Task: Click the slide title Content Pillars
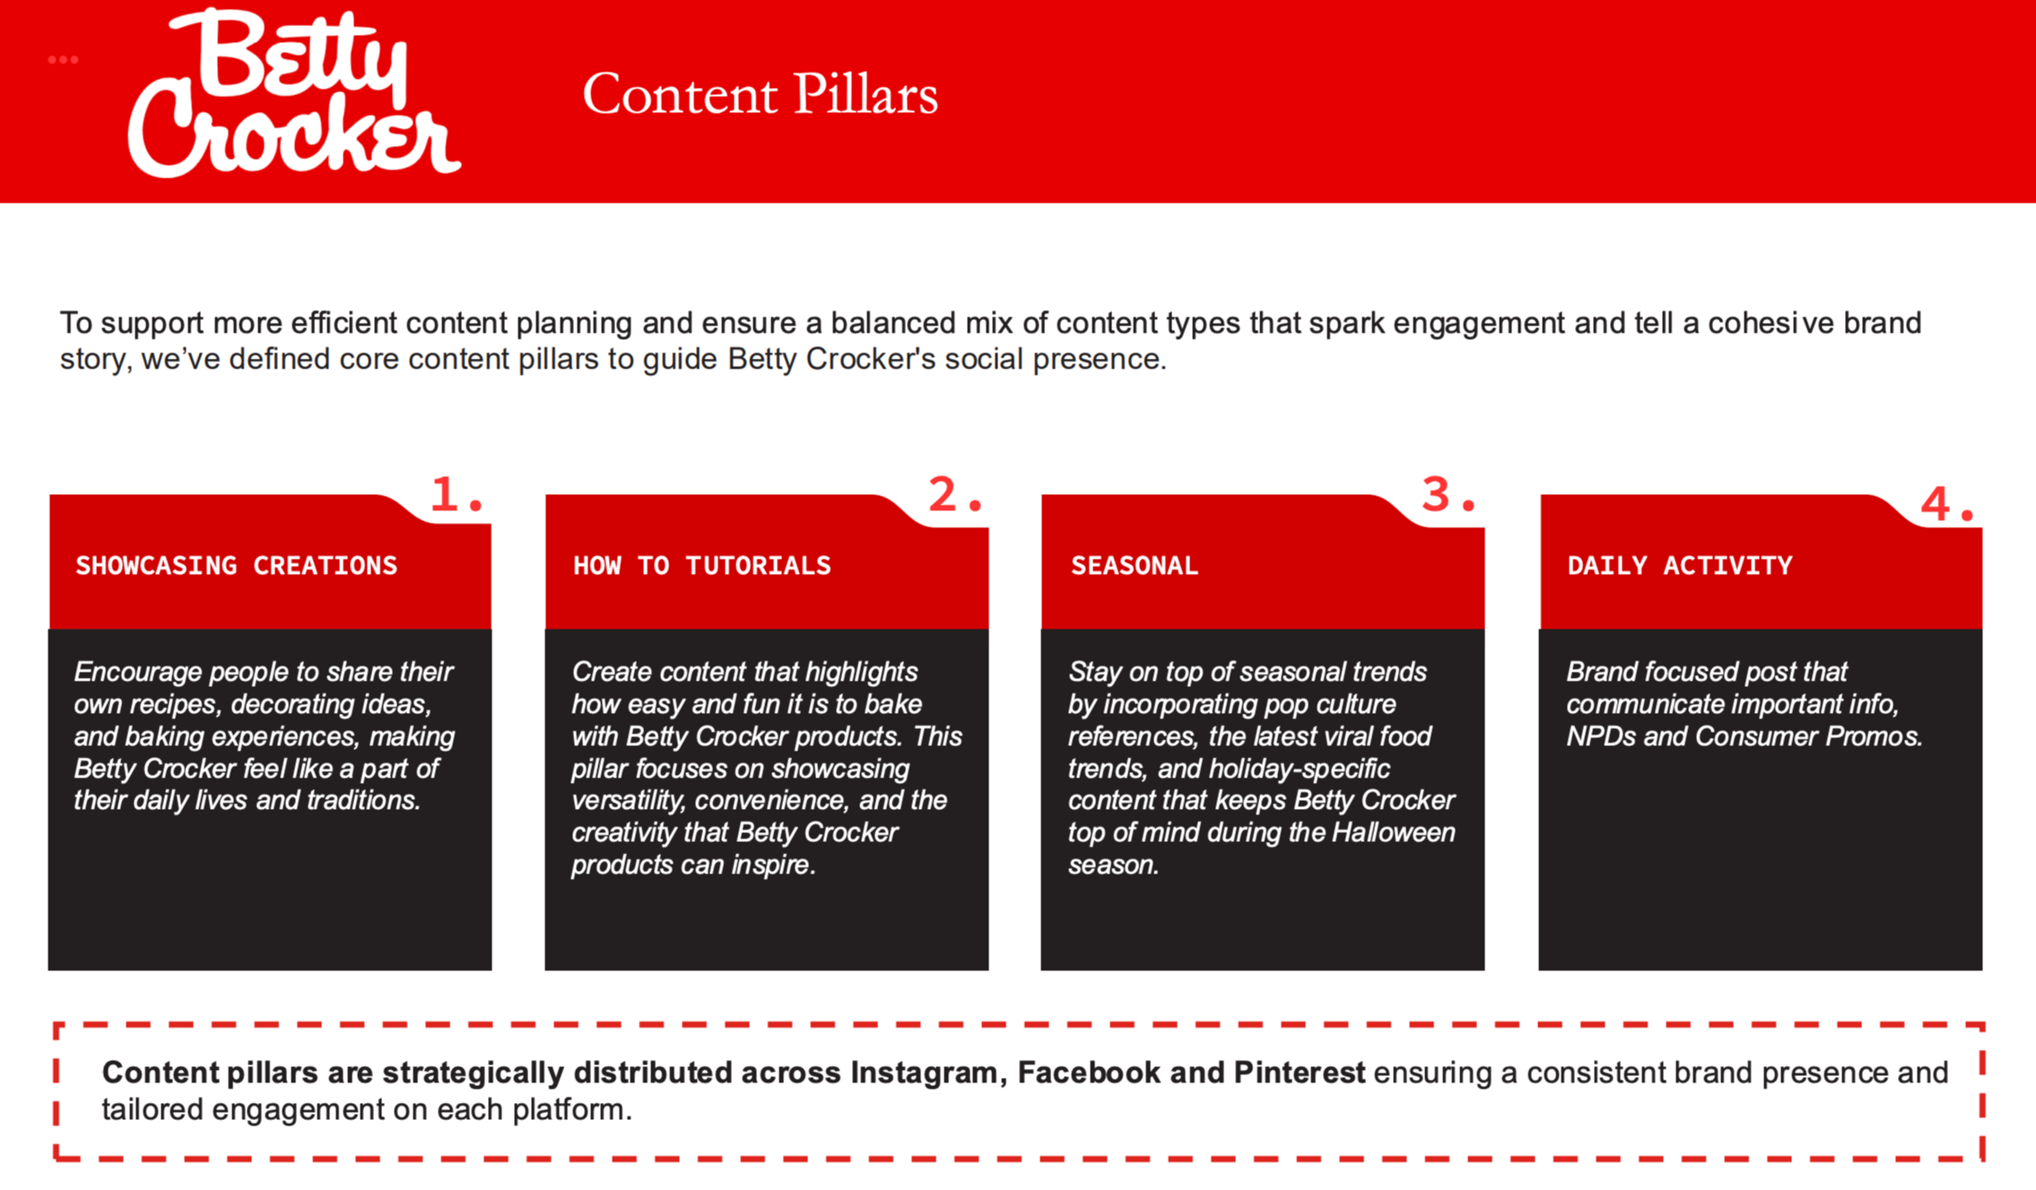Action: click(x=760, y=94)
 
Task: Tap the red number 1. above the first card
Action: click(x=457, y=494)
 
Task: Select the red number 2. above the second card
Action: click(x=955, y=494)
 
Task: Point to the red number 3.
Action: click(x=1449, y=494)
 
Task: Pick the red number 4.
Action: click(x=1947, y=504)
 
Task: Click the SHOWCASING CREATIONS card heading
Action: click(x=236, y=566)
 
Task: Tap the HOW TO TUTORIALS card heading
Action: click(x=701, y=566)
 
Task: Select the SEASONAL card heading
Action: click(x=1134, y=566)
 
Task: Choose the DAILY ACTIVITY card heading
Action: click(x=1680, y=566)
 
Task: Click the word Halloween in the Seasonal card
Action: click(x=1393, y=832)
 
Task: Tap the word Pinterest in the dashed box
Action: click(x=1300, y=1073)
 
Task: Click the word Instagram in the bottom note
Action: click(x=927, y=1073)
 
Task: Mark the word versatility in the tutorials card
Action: click(x=629, y=800)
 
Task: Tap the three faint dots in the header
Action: click(x=63, y=60)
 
